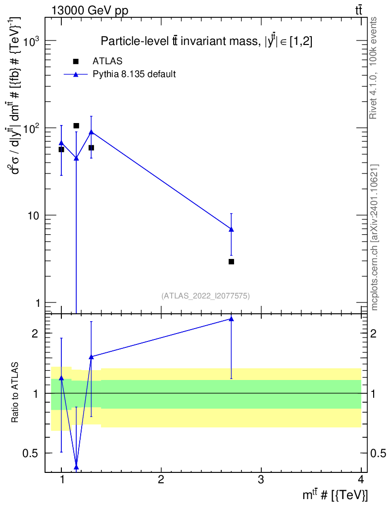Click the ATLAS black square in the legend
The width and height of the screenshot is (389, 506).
[x=76, y=61]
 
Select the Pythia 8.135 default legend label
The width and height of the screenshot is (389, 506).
[x=134, y=75]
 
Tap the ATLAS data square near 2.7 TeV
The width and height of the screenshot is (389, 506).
[x=231, y=261]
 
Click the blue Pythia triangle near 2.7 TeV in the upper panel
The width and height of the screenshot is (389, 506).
[x=231, y=229]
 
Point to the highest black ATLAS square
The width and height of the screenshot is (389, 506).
[x=76, y=126]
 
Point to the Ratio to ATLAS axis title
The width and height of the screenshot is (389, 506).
[x=15, y=392]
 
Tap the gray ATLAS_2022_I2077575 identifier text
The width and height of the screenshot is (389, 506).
[x=205, y=296]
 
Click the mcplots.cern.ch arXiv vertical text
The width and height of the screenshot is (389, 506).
[x=375, y=237]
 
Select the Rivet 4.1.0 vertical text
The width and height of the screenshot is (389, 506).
[x=374, y=68]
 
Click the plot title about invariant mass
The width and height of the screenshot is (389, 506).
[x=206, y=42]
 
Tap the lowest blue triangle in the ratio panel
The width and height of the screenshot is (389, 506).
[x=76, y=466]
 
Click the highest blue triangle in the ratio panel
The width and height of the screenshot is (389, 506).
[x=231, y=319]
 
